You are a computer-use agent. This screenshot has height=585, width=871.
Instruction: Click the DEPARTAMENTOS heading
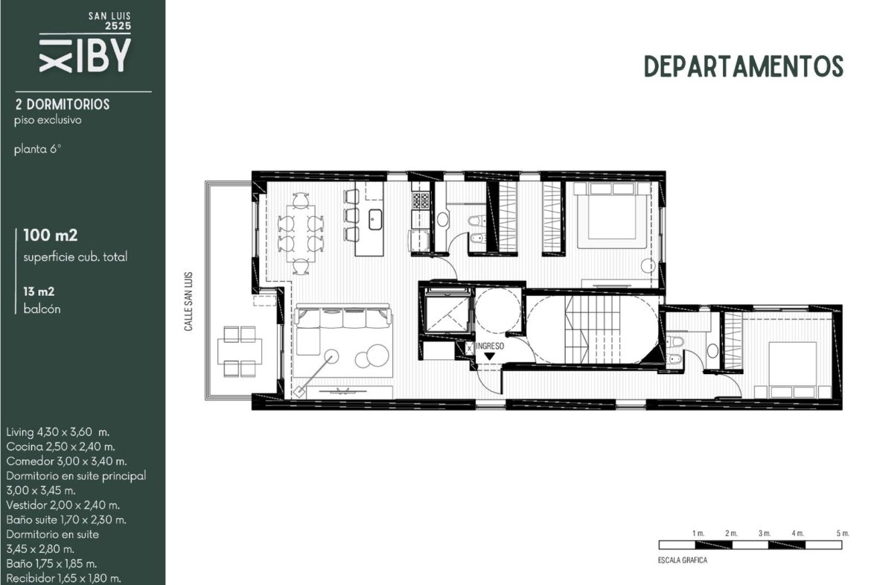point(743,66)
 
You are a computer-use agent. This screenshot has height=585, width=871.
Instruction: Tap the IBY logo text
point(103,56)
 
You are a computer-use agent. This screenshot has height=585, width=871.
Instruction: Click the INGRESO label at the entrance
point(490,346)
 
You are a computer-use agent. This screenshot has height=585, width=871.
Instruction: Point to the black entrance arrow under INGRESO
point(489,356)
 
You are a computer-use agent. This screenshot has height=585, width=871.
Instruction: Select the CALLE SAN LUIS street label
point(188,301)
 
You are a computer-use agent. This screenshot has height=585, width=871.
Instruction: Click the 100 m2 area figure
point(50,235)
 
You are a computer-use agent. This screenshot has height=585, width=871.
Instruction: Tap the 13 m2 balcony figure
point(38,291)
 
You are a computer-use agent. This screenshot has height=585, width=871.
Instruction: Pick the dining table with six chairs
point(301,233)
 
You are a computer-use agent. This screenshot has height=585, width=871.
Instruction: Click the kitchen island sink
point(375,219)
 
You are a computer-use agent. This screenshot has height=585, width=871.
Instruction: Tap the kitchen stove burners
point(421,200)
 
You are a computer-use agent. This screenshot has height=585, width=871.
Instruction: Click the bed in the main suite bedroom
point(613,216)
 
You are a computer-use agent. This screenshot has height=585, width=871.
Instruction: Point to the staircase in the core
point(593,329)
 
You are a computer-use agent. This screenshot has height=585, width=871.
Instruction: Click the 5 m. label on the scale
point(843,534)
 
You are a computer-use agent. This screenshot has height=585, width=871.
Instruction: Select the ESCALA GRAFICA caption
point(683,560)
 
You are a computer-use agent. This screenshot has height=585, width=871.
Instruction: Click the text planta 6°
point(37,149)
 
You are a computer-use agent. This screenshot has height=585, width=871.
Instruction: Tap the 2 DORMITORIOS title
point(63,104)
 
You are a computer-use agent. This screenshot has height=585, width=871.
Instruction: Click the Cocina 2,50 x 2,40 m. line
point(60,446)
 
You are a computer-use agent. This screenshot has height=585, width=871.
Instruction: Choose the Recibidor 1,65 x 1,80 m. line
point(63,578)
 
